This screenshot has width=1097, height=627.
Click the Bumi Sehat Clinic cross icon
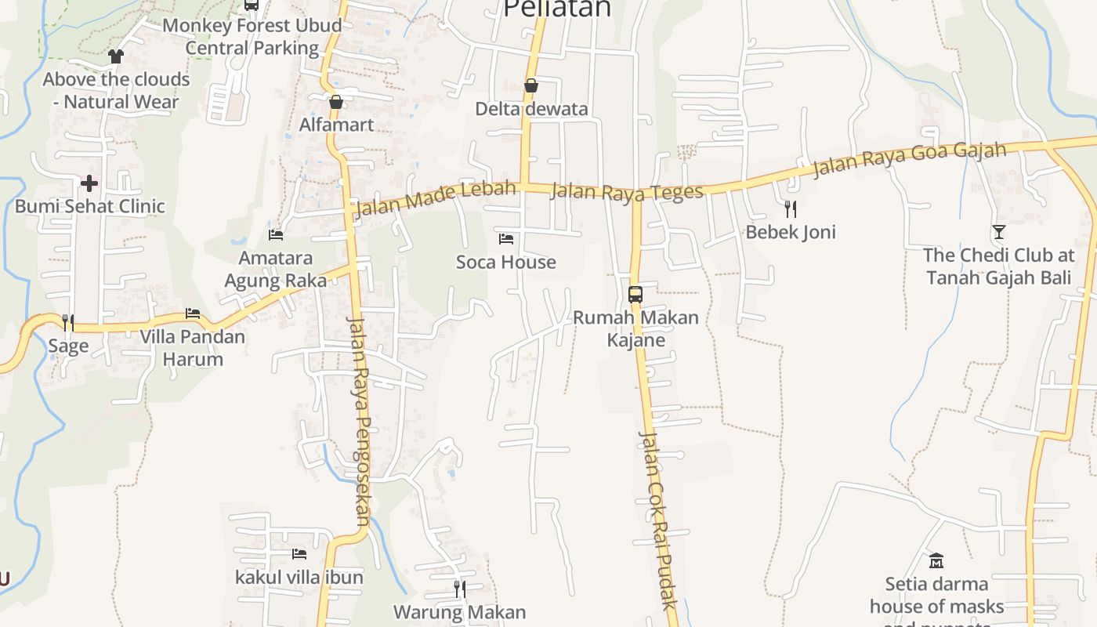tap(89, 183)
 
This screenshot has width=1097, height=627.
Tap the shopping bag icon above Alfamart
tap(336, 102)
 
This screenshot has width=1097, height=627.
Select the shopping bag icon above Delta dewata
tap(531, 85)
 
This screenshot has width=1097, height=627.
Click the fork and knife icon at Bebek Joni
tap(791, 208)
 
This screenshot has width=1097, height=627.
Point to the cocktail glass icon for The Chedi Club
tap(998, 231)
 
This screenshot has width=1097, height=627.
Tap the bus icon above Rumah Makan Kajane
tap(635, 295)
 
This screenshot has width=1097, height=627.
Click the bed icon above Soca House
tap(506, 238)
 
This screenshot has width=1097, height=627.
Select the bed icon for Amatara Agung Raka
tap(276, 234)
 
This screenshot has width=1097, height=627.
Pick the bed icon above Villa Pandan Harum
tap(193, 313)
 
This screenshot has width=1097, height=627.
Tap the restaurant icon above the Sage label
tap(68, 322)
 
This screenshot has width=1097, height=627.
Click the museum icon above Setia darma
tap(936, 560)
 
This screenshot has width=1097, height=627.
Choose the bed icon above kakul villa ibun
tap(299, 554)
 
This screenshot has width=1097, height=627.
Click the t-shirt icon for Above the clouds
tap(116, 56)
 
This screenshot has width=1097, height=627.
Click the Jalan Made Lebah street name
tap(436, 198)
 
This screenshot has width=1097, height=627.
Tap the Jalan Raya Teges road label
tap(627, 192)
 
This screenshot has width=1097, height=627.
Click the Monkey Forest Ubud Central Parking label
tap(252, 36)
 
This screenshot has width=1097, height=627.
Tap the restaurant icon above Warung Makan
tap(460, 588)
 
